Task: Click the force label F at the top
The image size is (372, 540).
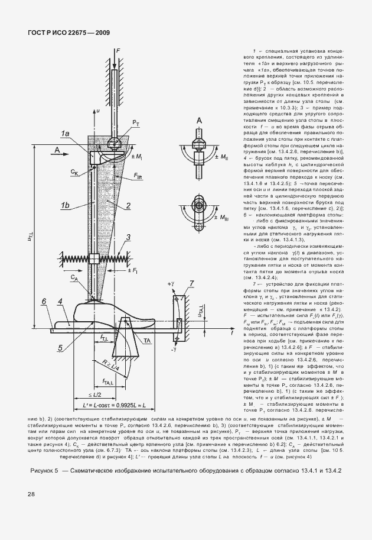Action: tap(118, 52)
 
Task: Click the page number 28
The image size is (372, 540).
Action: tap(31, 494)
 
